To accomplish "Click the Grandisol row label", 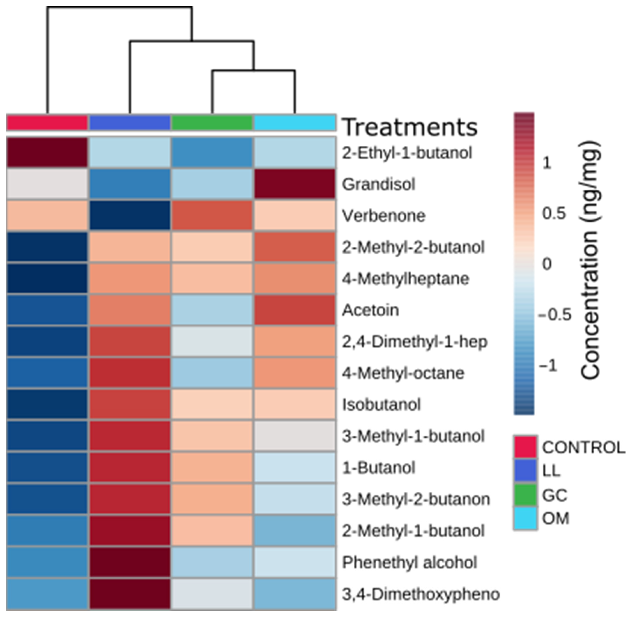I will pyautogui.click(x=378, y=184).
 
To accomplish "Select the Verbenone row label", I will pyautogui.click(x=384, y=216).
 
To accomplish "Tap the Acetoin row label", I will pyautogui.click(x=370, y=310).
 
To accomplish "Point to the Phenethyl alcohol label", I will pyautogui.click(x=409, y=562).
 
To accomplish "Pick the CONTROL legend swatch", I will pyautogui.click(x=525, y=447).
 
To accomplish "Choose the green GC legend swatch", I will pyautogui.click(x=525, y=495).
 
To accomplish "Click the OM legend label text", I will pyautogui.click(x=555, y=519).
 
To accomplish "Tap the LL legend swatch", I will pyautogui.click(x=525, y=471).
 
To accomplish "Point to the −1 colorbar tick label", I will pyautogui.click(x=548, y=365).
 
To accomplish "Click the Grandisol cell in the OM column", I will pyautogui.click(x=294, y=184).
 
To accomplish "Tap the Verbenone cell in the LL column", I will pyautogui.click(x=130, y=215).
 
